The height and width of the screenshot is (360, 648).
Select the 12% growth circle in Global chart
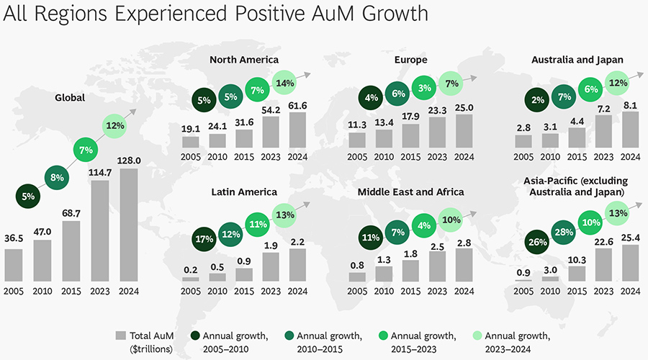[113, 126]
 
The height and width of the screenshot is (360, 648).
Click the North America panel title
[244, 60]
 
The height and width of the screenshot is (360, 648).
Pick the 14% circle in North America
[284, 83]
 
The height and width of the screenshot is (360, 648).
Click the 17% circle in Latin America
[204, 239]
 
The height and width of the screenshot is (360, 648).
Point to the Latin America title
[244, 192]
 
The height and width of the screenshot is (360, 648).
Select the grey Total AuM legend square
[121, 336]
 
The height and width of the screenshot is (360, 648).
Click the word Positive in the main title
[261, 14]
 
